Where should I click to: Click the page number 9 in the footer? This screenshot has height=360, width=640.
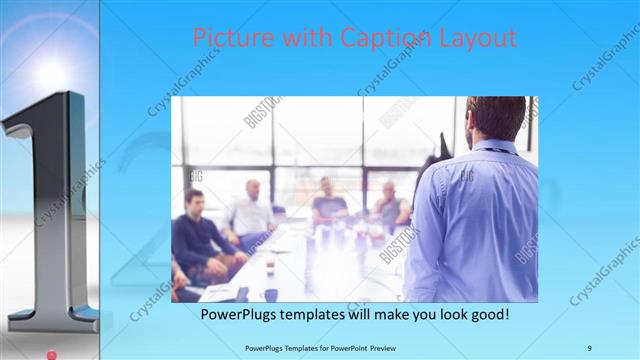pyautogui.click(x=589, y=347)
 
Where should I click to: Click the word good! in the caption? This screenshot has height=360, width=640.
pyautogui.click(x=487, y=314)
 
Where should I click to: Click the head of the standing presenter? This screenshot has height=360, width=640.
pyautogui.click(x=496, y=118)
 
